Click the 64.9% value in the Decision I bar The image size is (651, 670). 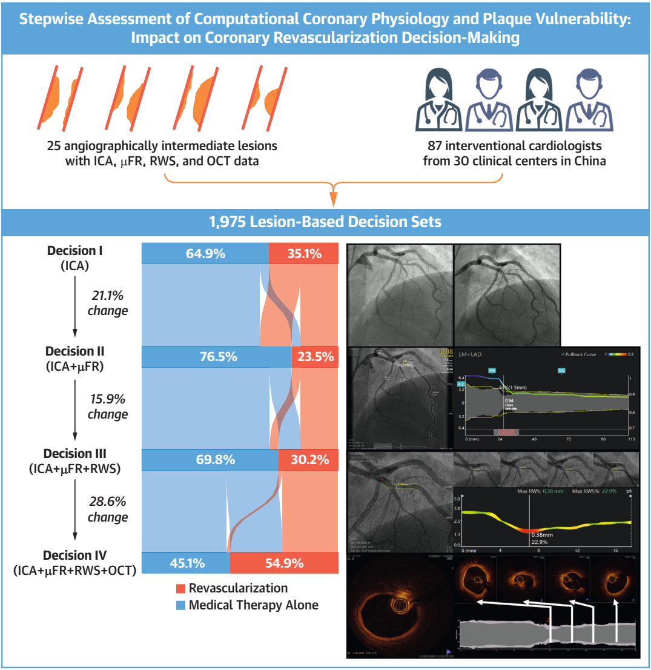coord(205,254)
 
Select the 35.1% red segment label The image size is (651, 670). coord(304,254)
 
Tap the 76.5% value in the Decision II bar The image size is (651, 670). coord(217,357)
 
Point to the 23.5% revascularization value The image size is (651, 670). coord(316,357)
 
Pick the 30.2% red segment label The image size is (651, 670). coord(309,460)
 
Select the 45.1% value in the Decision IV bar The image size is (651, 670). coord(185,563)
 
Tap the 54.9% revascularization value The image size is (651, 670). coord(284,563)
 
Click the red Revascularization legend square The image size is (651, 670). coord(179,588)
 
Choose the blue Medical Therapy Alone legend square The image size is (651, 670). coord(179,605)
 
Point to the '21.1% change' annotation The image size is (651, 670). coord(108,303)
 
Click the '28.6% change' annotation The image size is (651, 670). coord(108,509)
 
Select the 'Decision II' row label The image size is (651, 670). coord(75,351)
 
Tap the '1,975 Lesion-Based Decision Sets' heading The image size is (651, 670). coord(325,222)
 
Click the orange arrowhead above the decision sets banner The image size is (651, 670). coord(333,199)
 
